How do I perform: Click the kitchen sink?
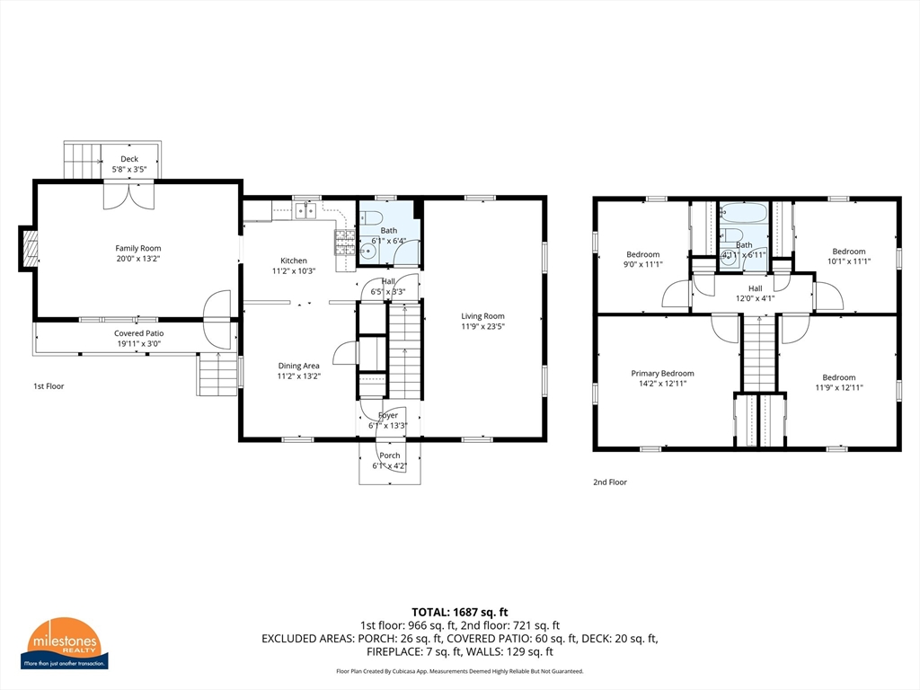click(x=305, y=210)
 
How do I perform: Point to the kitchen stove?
click(x=345, y=238)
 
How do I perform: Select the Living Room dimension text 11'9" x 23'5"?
click(x=482, y=327)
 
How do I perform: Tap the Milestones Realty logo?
click(x=67, y=643)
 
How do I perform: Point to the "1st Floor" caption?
click(x=49, y=386)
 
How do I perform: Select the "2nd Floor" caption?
click(x=610, y=482)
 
